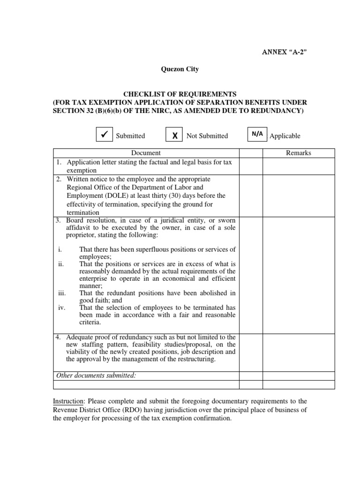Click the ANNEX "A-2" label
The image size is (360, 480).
pos(284,51)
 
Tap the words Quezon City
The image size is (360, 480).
pos(180,69)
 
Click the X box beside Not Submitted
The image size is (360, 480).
pos(174,135)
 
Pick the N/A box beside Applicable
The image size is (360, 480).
pos(257,134)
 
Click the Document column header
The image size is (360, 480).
pos(146,153)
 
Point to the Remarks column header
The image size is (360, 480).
pos(298,153)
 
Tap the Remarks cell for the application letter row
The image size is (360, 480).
pos(298,166)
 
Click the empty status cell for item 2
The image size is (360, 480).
pos(251,196)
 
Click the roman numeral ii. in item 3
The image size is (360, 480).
pos(61,264)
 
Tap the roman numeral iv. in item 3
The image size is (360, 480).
pos(61,307)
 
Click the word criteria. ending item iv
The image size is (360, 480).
pos(90,322)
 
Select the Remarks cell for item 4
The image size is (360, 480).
pos(298,350)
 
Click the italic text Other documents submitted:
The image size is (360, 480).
pos(96,375)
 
